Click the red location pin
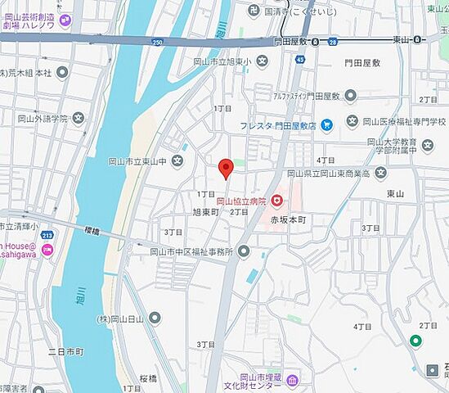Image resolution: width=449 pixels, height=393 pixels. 227,168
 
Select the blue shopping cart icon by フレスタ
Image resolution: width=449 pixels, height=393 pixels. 327,125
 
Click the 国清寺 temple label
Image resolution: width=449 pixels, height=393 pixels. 299,12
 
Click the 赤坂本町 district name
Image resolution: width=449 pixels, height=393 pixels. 287,220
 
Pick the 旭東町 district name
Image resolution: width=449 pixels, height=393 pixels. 207,211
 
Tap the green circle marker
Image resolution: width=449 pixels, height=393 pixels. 415,341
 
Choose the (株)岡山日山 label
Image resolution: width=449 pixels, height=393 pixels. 122,318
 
